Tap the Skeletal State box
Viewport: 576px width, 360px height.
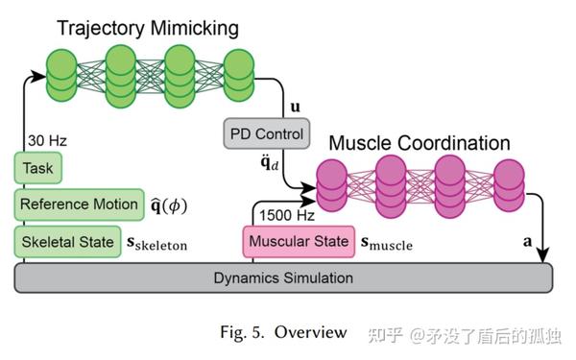coord(66,240)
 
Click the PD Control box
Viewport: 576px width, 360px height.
coord(265,133)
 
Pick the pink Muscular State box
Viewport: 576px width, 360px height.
coord(298,241)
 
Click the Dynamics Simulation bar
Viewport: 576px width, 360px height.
coord(283,278)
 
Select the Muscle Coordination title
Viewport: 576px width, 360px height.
coord(420,144)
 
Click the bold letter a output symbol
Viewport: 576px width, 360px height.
coord(527,243)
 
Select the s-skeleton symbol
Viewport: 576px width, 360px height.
coord(157,243)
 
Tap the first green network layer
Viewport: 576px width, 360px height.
coord(63,72)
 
